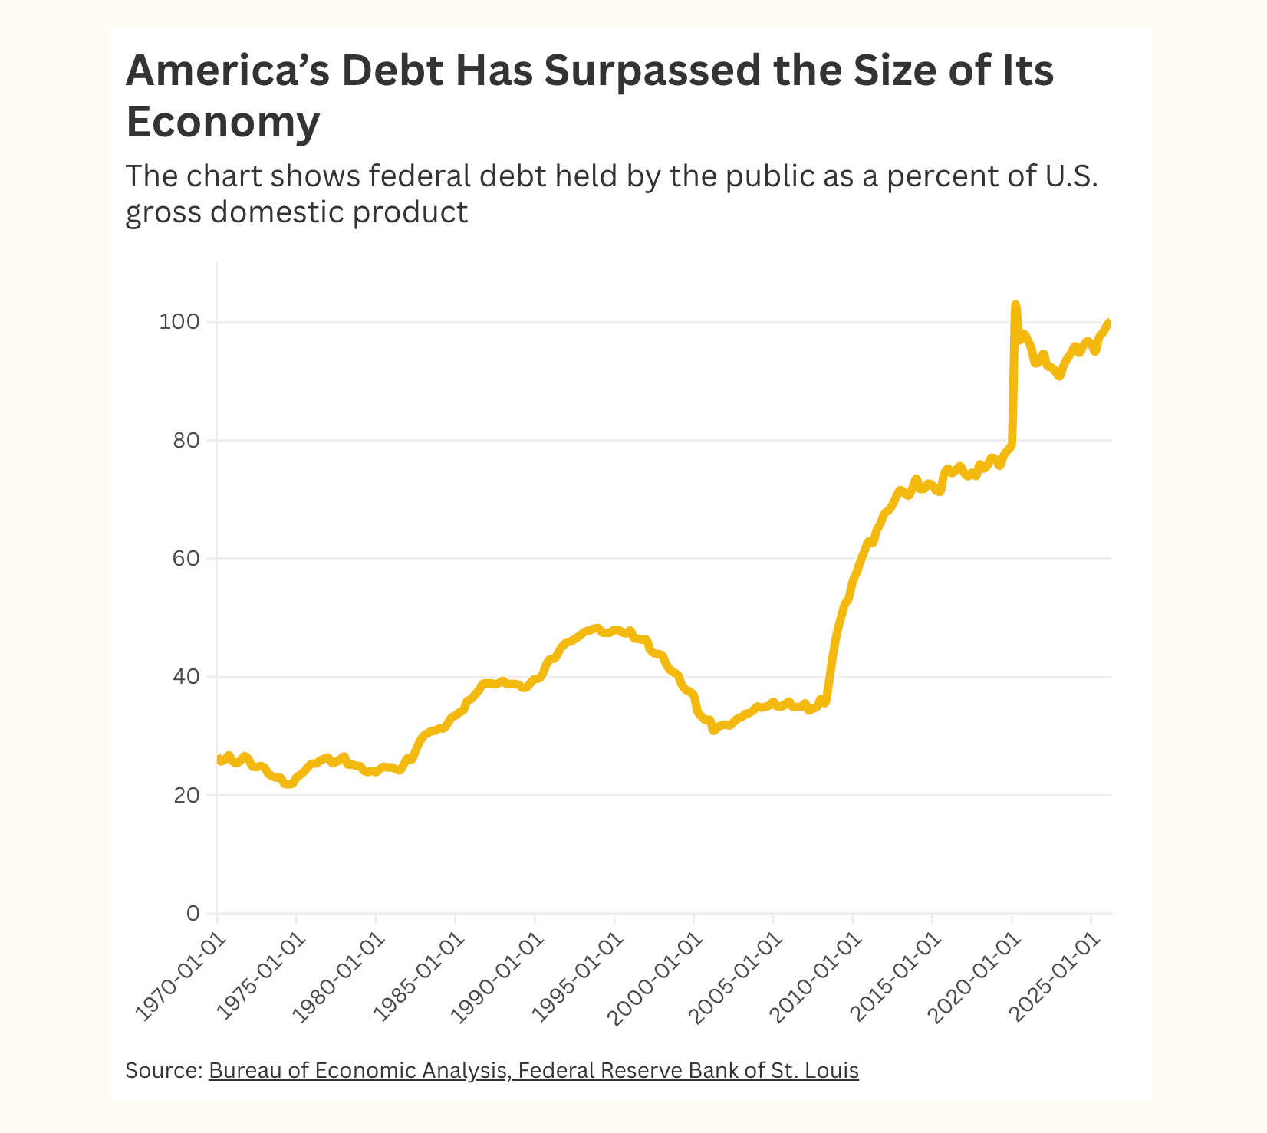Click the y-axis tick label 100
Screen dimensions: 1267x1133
[179, 322]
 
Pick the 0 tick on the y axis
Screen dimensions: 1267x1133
[193, 914]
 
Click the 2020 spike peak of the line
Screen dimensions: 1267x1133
[1015, 305]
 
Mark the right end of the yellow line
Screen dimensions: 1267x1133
[1108, 323]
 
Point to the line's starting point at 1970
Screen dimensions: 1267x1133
[219, 759]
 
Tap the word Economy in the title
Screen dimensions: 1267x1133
[222, 121]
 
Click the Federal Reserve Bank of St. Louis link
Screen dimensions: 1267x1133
[688, 1070]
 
